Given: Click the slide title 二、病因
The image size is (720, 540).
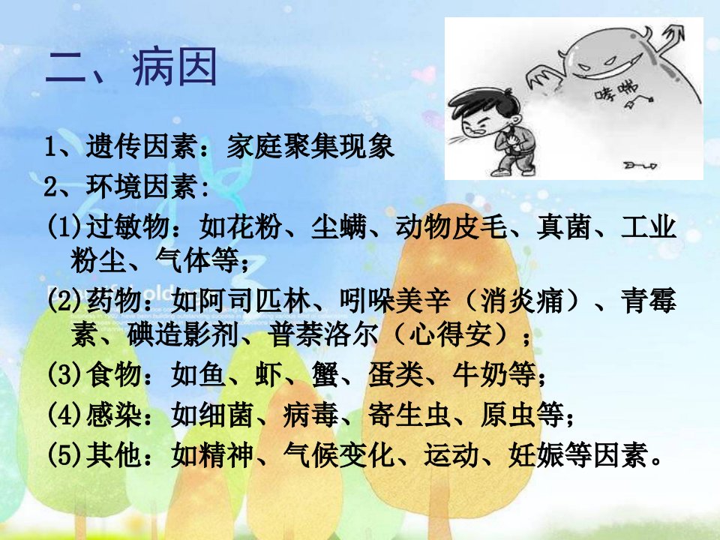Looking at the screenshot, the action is (x=130, y=67).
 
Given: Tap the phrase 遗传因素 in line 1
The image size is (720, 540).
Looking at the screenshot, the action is (x=142, y=146).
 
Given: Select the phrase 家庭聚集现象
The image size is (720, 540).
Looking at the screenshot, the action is (x=310, y=146).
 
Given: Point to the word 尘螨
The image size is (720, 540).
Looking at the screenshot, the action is (x=339, y=226).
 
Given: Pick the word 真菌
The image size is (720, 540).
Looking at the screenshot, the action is (x=564, y=226).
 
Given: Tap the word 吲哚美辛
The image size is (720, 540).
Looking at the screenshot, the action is (x=395, y=300).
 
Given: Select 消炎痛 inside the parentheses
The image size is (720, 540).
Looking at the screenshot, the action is (x=522, y=300).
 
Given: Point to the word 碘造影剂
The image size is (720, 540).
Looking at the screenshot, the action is (x=183, y=335).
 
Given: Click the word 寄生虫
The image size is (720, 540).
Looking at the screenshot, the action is (x=409, y=415).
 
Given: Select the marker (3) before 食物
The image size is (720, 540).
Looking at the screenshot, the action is (x=65, y=374).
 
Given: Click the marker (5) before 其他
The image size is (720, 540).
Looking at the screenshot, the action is (x=65, y=454).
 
